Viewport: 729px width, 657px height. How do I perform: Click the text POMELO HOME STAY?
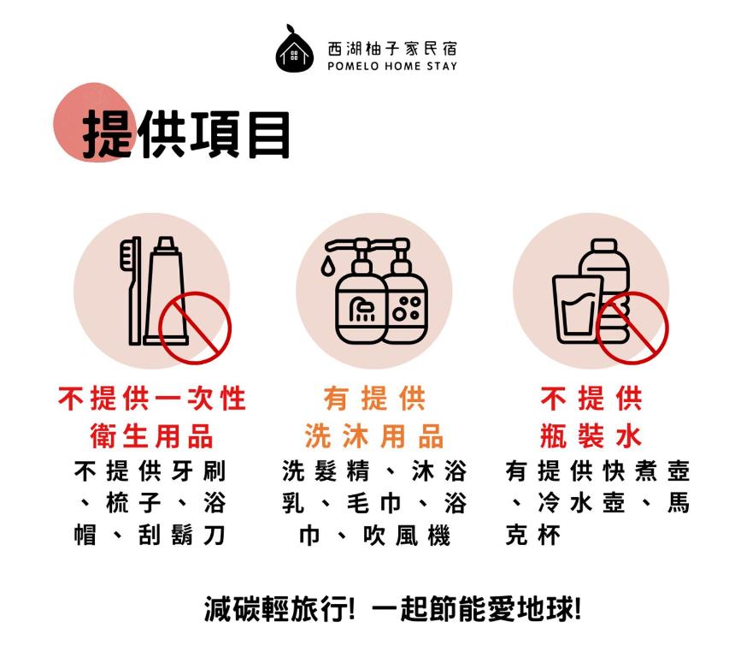coord(392,66)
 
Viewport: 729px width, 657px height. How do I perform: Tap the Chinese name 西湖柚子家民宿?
coord(392,49)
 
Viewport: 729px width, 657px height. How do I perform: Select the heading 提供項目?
coord(186,134)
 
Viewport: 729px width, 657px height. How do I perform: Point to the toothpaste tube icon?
coord(166,291)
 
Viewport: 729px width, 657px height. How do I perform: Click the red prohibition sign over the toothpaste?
coord(195,328)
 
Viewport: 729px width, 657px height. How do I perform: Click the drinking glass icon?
coord(577,309)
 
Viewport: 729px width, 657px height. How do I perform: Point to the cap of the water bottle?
coord(604,246)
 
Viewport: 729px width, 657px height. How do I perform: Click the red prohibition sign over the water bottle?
coord(632,328)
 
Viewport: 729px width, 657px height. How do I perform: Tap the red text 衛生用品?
coord(151,436)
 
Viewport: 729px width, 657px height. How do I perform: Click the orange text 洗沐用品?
coord(373,436)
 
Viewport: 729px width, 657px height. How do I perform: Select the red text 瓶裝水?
coord(591,436)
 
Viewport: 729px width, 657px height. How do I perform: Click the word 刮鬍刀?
coord(182,535)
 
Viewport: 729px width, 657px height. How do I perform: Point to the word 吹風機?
coord(407,535)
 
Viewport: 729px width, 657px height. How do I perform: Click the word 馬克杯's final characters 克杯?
coord(533,535)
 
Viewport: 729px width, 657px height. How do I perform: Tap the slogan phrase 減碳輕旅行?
coord(279,609)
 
